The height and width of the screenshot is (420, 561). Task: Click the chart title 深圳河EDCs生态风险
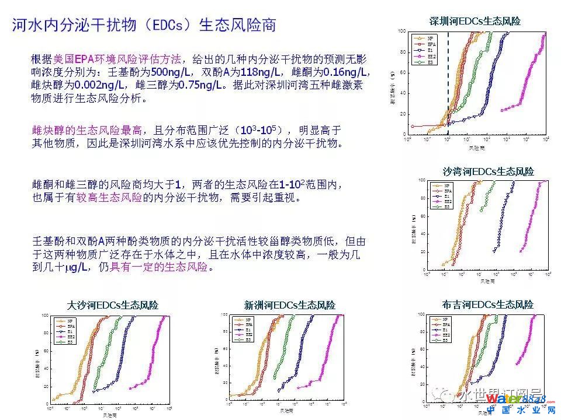475,22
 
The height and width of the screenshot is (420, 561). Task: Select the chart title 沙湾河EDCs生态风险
488,171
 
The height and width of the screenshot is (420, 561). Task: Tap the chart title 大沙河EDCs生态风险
113,305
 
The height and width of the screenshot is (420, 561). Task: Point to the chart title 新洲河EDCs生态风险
290,305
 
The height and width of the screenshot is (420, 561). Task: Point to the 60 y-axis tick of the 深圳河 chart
403,72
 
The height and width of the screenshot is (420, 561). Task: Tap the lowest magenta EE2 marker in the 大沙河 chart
130,387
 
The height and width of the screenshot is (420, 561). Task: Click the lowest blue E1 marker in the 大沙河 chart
93,390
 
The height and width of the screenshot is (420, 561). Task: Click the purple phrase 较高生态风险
113,198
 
